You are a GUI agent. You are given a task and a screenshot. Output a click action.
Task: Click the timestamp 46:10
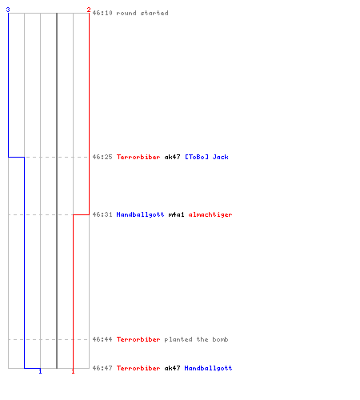[x=102, y=13]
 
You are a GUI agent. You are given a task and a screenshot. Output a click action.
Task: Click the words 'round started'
[x=142, y=13]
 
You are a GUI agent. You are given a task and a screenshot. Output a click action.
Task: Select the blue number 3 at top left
[x=8, y=10]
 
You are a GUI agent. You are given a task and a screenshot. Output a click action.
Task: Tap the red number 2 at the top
[x=89, y=10]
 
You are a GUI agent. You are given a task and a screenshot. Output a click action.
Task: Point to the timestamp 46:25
[x=102, y=157]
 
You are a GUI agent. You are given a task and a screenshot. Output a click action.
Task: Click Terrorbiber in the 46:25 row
[x=138, y=157]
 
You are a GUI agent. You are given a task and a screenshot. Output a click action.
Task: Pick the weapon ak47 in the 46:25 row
[x=172, y=157]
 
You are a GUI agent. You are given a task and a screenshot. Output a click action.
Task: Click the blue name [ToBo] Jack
[x=206, y=157]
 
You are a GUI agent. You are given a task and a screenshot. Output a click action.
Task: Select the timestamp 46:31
[x=102, y=214]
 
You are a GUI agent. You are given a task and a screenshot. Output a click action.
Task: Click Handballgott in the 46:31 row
[x=140, y=214]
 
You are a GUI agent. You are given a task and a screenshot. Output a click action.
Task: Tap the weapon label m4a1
[x=176, y=214]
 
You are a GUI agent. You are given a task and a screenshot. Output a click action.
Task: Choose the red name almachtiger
[x=210, y=214]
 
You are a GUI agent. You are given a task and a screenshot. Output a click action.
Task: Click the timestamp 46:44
[x=102, y=339]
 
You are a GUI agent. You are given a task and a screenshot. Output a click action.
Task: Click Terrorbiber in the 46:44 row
[x=138, y=339]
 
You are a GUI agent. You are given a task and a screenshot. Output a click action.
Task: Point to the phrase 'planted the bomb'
[x=196, y=339]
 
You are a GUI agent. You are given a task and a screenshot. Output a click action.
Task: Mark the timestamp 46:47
[x=102, y=368]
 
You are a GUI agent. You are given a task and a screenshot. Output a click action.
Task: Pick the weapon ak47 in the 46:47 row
[x=172, y=368]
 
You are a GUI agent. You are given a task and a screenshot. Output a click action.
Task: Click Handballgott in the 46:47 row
[x=208, y=368]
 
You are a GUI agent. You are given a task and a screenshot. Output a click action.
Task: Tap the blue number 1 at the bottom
[x=40, y=371]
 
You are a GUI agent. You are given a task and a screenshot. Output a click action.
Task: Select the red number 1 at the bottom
[x=73, y=371]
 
